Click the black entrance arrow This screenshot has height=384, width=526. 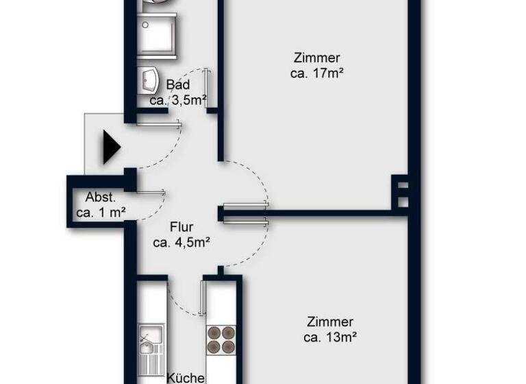[111, 147]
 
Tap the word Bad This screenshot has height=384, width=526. [177, 86]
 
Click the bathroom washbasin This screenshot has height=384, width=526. [149, 80]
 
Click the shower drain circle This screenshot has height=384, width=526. [145, 25]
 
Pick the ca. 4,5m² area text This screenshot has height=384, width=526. [181, 242]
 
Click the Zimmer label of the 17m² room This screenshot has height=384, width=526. [316, 58]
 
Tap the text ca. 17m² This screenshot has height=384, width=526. [316, 73]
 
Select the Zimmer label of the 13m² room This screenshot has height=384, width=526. [330, 322]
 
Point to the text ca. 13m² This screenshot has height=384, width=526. [330, 337]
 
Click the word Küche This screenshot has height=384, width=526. [186, 377]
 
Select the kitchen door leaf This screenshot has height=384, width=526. [203, 296]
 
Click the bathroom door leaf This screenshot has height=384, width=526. [207, 89]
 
